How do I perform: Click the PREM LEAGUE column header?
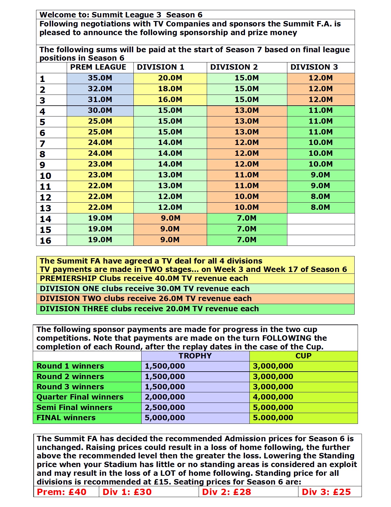pyautogui.click(x=98, y=67)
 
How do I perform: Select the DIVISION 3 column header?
pyautogui.click(x=314, y=67)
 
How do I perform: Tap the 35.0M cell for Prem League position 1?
pyautogui.click(x=100, y=78)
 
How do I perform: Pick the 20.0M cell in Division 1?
pyautogui.click(x=170, y=78)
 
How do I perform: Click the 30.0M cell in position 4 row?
pyautogui.click(x=100, y=110)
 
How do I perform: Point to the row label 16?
pyautogui.click(x=46, y=241)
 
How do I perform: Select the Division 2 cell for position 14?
pyautogui.click(x=246, y=218)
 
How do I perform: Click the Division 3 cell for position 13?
pyautogui.click(x=320, y=207)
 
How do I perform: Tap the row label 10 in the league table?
pyautogui.click(x=46, y=176)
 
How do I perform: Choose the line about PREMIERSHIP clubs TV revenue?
pyautogui.click(x=144, y=279)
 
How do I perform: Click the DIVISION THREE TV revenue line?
pyautogui.click(x=149, y=309)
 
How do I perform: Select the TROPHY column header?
pyautogui.click(x=195, y=356)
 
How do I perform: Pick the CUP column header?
pyautogui.click(x=303, y=356)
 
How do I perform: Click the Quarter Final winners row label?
pyautogui.click(x=80, y=397)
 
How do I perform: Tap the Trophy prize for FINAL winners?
pyautogui.click(x=165, y=418)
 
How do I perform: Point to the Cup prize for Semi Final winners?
pyautogui.click(x=273, y=408)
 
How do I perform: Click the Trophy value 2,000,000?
pyautogui.click(x=165, y=397)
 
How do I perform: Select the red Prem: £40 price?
pyautogui.click(x=62, y=492)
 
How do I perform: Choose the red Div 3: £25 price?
pyautogui.click(x=326, y=492)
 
